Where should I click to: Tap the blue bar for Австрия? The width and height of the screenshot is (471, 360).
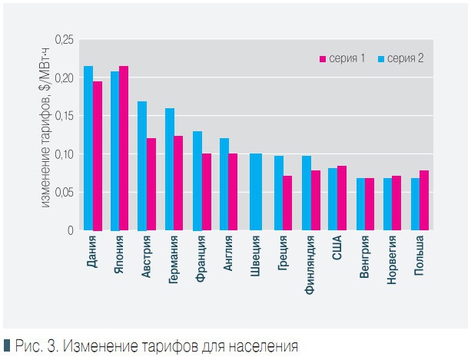142,166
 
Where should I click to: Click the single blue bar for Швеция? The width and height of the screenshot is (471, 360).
256,192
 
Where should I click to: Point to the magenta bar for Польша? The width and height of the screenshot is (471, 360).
425,200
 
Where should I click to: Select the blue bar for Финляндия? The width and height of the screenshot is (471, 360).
307,193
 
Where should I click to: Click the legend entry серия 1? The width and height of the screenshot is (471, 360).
342,59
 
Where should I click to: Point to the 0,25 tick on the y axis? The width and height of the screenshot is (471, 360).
65,39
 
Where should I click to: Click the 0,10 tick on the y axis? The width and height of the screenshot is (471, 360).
65,154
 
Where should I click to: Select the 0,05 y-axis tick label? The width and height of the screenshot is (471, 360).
65,193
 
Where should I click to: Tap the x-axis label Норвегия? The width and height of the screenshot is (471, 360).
393,262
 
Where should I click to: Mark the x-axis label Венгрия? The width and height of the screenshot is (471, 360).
365,259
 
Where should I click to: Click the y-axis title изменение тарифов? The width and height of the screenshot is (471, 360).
45,138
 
